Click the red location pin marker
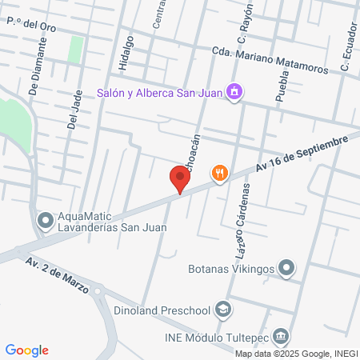pyautogui.click(x=180, y=178)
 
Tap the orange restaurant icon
pyautogui.click(x=219, y=172)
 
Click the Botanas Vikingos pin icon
pyautogui.click(x=288, y=268)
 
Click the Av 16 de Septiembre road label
pyautogui.click(x=302, y=154)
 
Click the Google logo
pyautogui.click(x=27, y=350)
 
